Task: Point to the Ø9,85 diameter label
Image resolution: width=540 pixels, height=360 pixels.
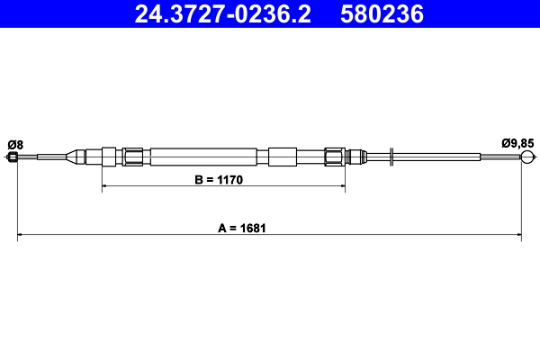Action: click(517, 144)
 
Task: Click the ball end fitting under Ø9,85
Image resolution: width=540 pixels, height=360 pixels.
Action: click(527, 158)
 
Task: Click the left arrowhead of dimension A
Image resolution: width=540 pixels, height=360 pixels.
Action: click(22, 237)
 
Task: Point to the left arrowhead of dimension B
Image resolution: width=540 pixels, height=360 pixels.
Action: click(106, 187)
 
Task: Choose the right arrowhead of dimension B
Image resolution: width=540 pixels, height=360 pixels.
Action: click(341, 187)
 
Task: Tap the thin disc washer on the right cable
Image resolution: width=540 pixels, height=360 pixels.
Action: click(391, 157)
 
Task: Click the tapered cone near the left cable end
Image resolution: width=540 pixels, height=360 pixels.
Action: click(75, 157)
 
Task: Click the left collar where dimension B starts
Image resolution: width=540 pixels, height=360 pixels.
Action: click(109, 157)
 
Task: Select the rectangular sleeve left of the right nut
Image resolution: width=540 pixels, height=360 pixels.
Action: click(282, 157)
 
